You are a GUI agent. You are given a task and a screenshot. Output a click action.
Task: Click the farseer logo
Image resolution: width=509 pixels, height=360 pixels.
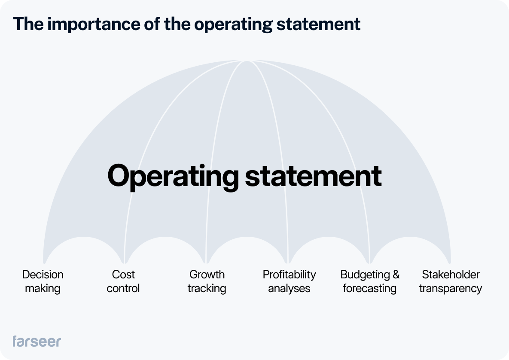(37, 341)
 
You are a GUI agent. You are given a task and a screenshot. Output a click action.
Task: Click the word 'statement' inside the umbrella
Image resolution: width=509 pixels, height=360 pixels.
(313, 176)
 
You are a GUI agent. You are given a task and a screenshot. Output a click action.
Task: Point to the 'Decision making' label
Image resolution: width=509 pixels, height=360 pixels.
(43, 281)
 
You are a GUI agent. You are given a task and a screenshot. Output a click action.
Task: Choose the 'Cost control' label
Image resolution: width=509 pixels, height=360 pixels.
(123, 281)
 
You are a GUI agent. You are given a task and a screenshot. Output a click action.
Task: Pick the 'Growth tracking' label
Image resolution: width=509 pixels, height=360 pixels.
(207, 281)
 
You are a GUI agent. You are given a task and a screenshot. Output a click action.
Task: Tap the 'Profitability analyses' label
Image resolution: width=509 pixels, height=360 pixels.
(289, 281)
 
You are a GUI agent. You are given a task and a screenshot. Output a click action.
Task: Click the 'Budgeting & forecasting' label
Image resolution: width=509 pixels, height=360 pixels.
(370, 281)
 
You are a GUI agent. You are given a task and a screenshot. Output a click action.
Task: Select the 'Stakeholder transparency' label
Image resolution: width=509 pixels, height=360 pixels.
(451, 281)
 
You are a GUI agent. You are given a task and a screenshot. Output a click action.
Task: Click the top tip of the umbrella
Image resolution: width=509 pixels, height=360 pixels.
(247, 61)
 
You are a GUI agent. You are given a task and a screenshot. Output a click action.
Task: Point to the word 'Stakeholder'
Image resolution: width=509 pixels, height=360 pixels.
(451, 275)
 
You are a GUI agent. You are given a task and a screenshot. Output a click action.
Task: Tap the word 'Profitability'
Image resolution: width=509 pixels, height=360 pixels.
(289, 275)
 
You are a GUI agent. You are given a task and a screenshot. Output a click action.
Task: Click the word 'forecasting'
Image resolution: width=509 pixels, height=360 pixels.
(370, 288)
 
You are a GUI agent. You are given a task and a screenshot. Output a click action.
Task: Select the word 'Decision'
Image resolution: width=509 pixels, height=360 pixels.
(43, 275)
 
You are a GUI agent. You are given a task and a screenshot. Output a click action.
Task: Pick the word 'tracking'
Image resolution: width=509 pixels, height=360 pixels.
(207, 288)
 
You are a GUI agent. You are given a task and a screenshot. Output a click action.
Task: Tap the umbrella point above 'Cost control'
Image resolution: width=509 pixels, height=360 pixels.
(124, 262)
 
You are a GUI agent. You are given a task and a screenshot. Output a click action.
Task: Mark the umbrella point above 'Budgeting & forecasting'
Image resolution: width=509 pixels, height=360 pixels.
(369, 262)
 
